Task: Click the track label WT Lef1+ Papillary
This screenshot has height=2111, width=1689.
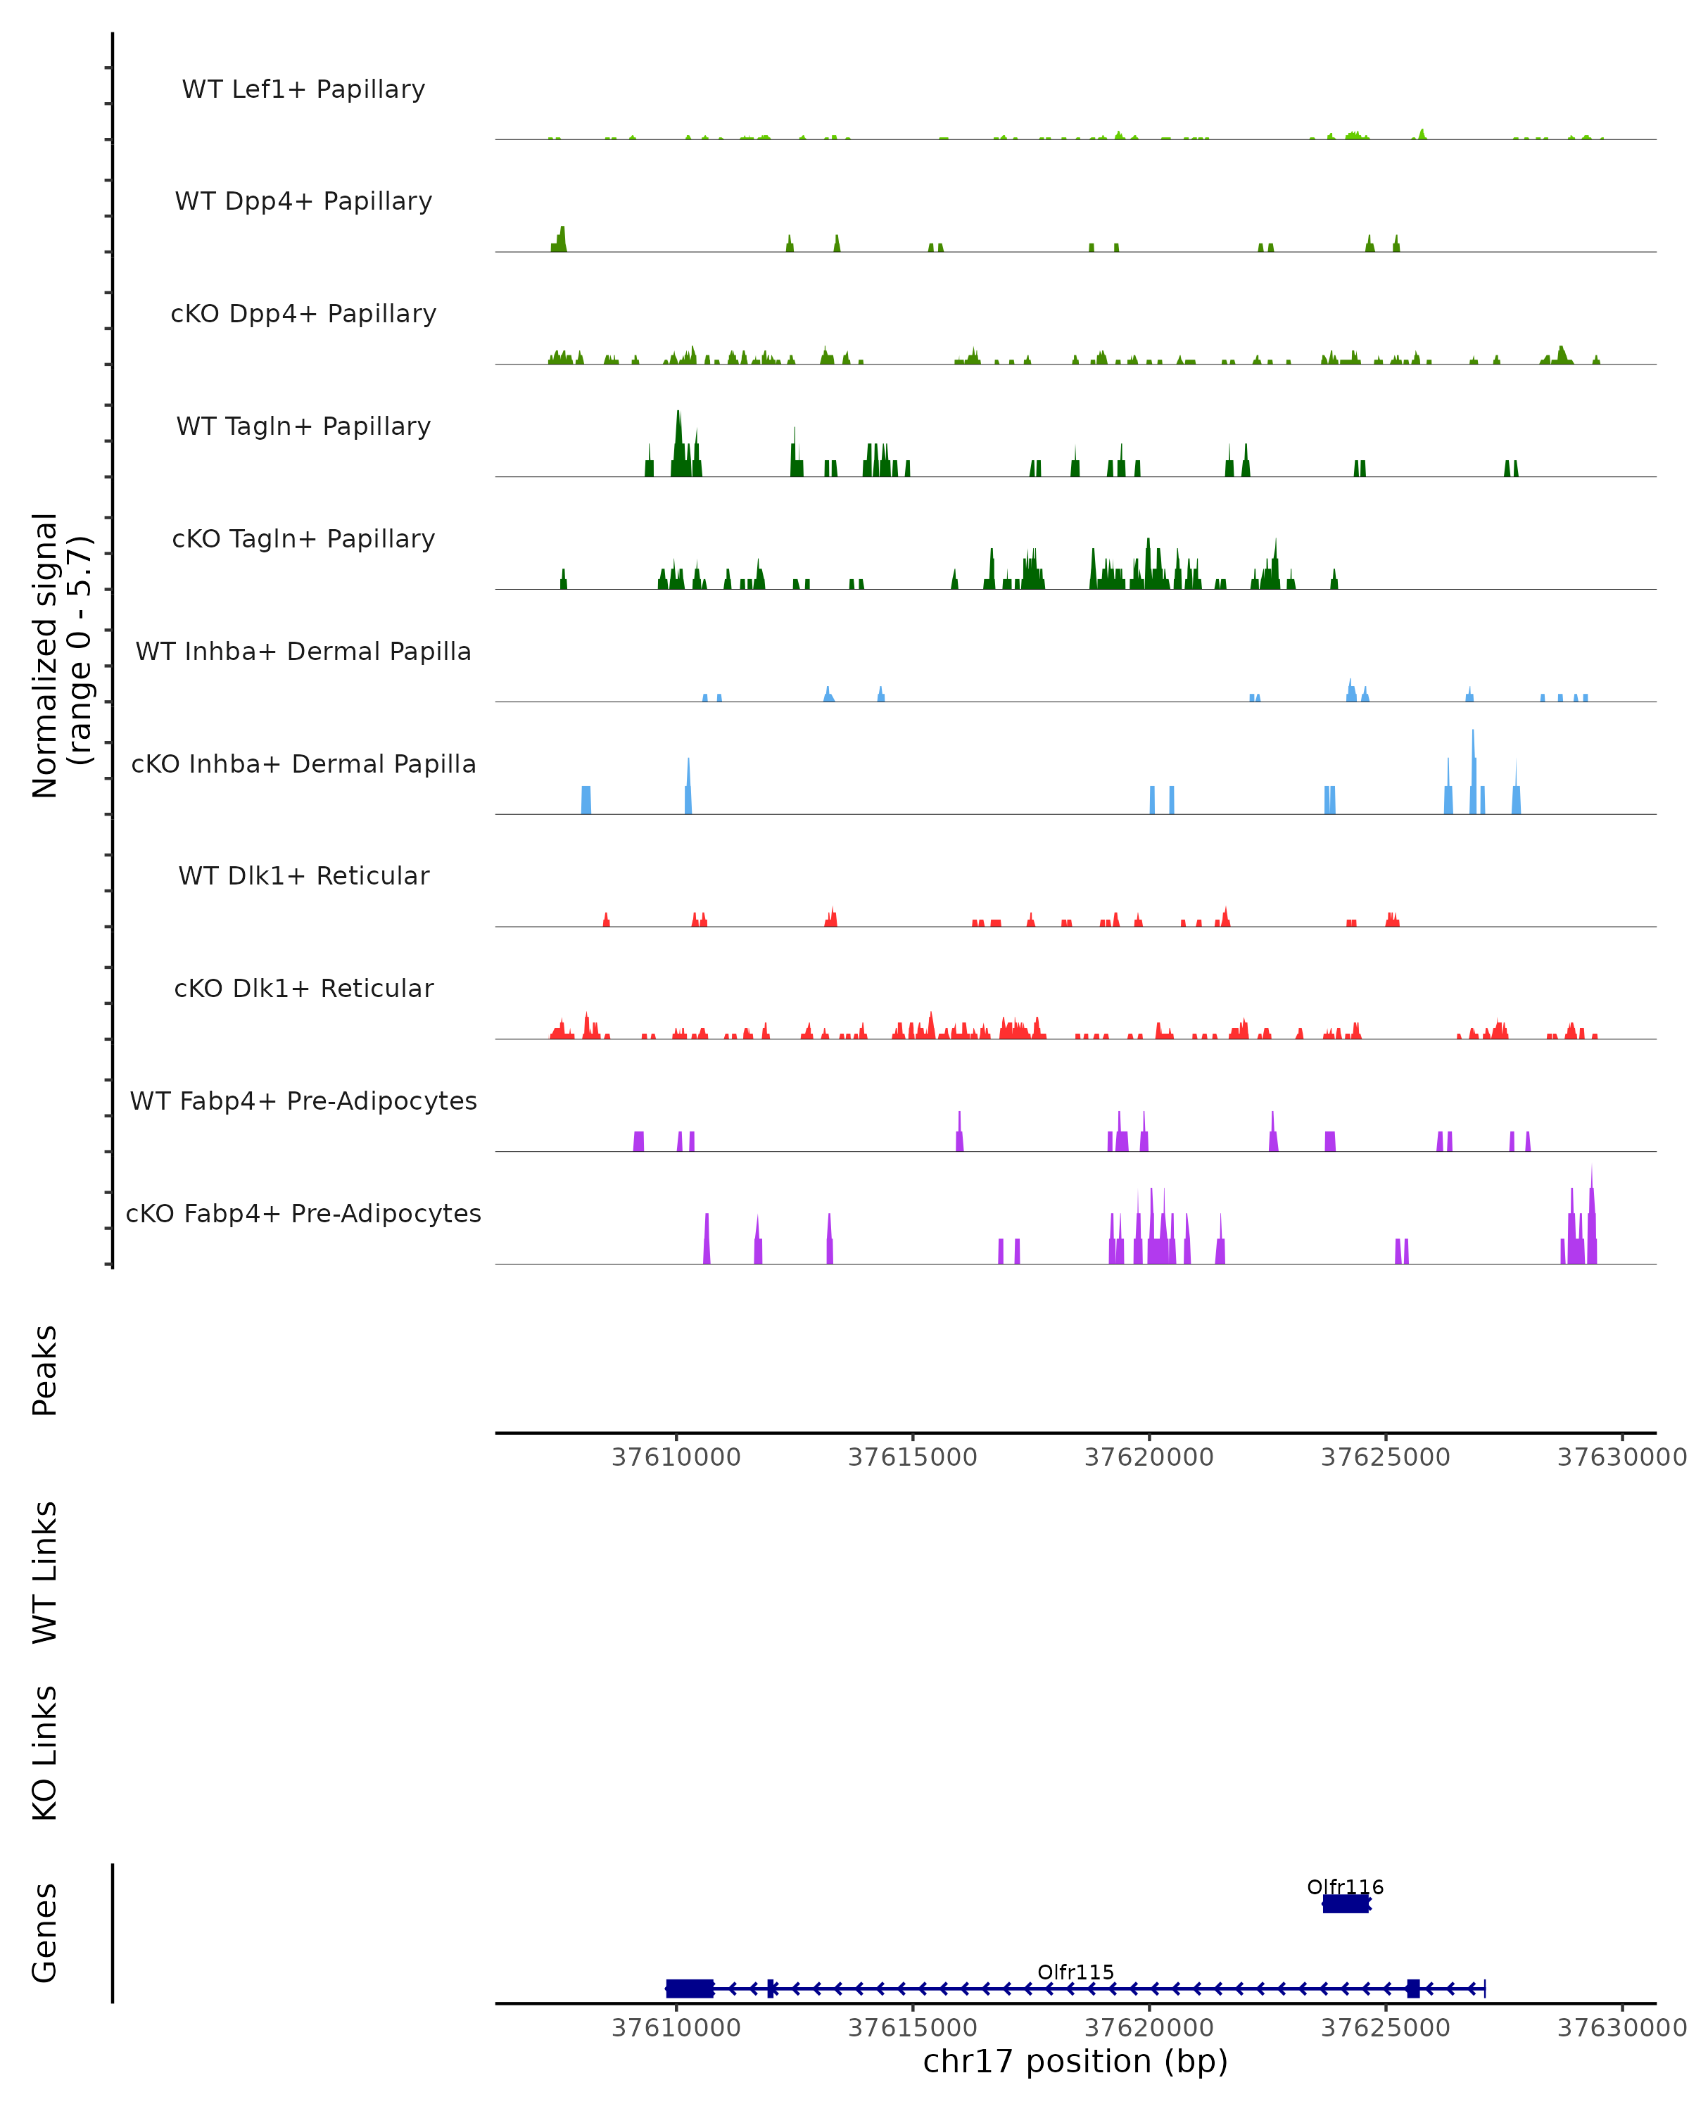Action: coord(303,89)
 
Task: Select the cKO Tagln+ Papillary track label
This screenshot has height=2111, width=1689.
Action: coord(303,538)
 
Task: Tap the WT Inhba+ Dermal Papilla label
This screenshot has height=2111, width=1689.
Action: coord(303,651)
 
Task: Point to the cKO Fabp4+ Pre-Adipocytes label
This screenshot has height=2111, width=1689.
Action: coord(303,1213)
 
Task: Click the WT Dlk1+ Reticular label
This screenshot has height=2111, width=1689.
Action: coord(303,875)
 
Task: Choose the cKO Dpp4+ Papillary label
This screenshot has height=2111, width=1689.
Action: coord(303,313)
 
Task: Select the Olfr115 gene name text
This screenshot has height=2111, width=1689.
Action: coord(1075,1972)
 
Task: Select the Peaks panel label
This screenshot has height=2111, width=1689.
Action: coord(45,1371)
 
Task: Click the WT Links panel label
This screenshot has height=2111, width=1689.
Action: coord(45,1571)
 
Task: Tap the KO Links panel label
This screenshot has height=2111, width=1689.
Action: coord(45,1753)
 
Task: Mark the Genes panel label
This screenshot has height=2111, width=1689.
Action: coord(45,1933)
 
